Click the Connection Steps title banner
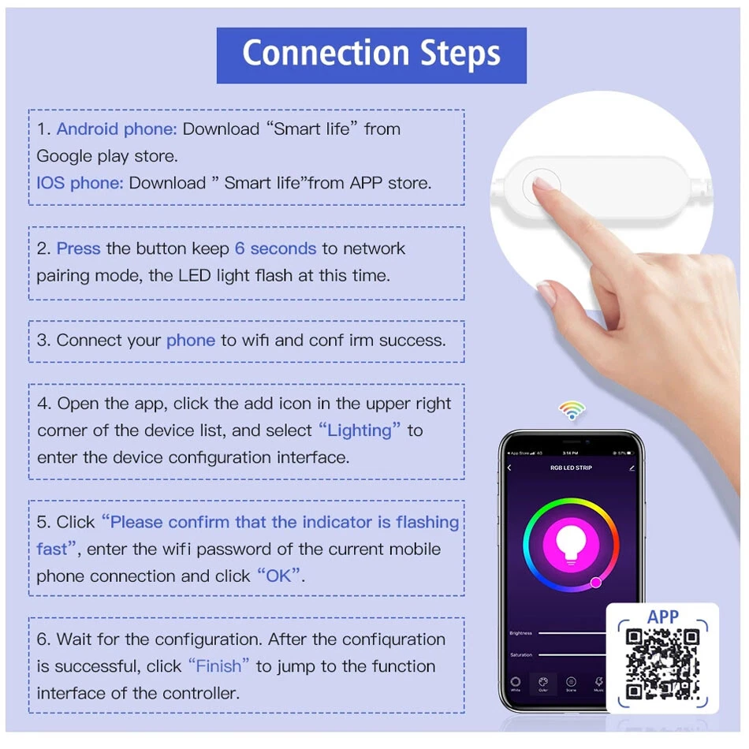pos(371,54)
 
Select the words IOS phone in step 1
pos(80,183)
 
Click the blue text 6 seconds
pos(275,248)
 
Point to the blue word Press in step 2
pos(78,248)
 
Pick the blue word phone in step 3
pos(190,341)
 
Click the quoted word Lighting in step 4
pos(360,430)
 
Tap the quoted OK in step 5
pos(278,576)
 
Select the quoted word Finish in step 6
pos(218,666)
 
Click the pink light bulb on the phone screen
pos(572,543)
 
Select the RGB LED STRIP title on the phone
pos(571,468)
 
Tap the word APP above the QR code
pos(662,617)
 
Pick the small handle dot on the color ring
pos(596,583)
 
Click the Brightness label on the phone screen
pos(521,633)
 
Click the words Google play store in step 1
pos(106,156)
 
